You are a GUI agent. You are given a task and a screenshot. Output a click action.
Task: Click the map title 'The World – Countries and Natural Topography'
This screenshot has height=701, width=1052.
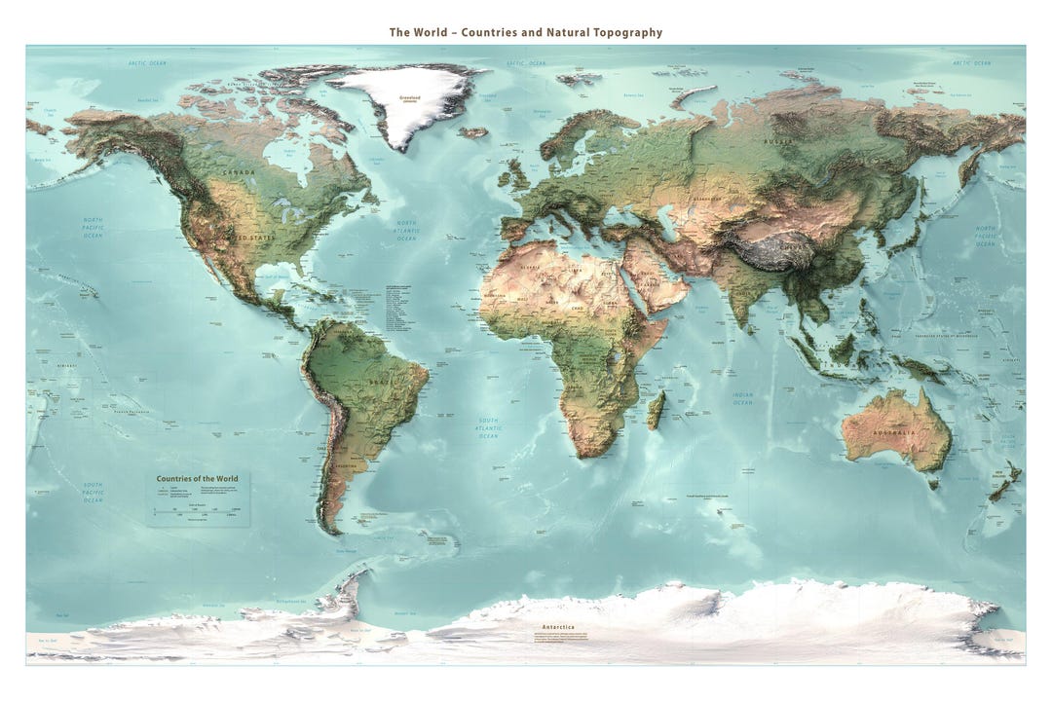525,32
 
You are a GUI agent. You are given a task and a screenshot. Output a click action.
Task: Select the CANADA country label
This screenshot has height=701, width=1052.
239,172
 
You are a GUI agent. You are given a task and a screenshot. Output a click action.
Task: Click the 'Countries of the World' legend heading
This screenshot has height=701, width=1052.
197,479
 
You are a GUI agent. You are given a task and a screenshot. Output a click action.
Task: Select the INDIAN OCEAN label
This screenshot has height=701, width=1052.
742,398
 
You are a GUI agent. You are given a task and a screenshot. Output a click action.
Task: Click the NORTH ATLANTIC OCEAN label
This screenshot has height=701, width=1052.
406,231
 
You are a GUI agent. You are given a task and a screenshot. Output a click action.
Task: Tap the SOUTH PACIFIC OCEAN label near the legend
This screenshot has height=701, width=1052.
93,492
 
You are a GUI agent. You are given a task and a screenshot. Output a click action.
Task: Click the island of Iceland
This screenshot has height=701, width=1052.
473,132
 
